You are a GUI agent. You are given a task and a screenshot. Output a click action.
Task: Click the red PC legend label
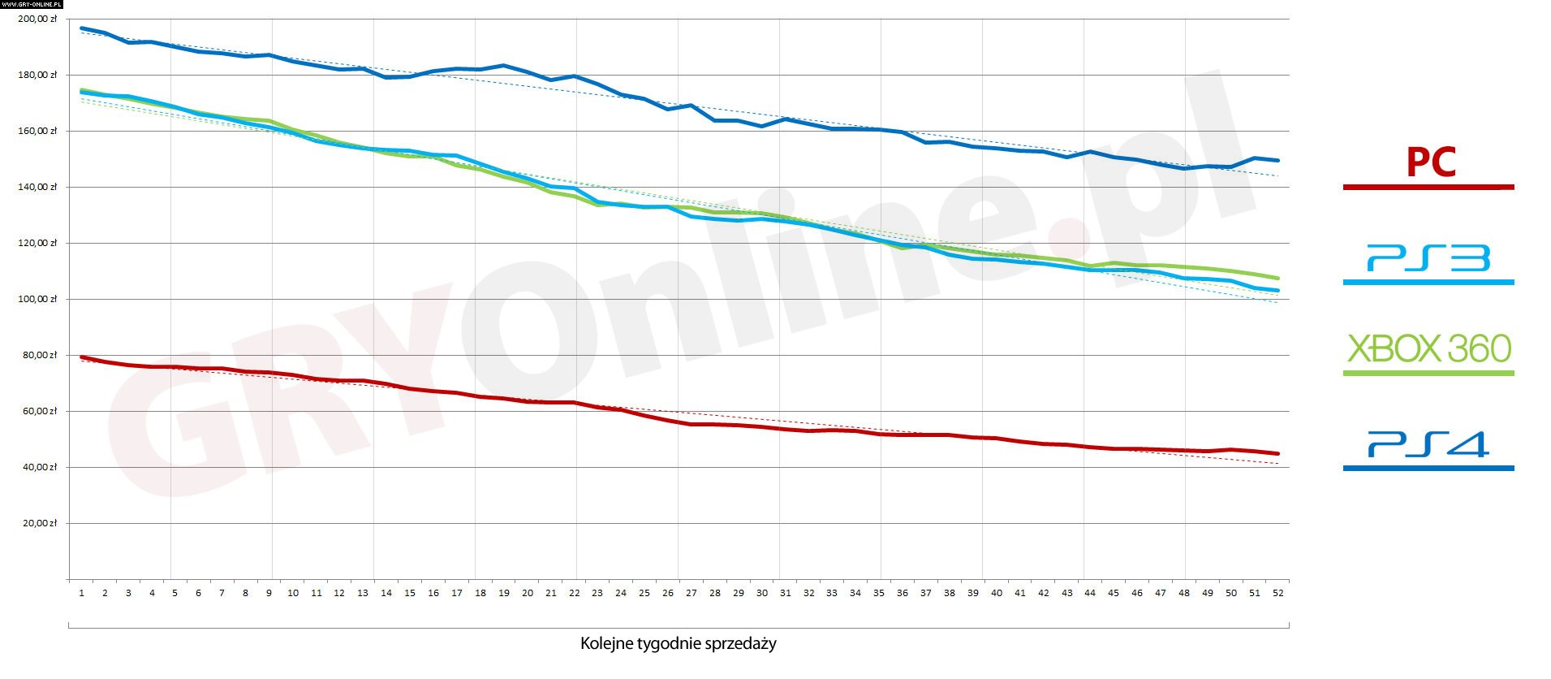(x=1430, y=162)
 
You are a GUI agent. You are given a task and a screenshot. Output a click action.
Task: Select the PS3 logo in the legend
(x=1428, y=258)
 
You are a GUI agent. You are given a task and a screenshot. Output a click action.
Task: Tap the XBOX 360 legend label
(x=1428, y=349)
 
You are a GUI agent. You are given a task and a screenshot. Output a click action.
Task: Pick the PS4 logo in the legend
(x=1428, y=444)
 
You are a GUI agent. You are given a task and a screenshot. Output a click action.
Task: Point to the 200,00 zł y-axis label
(x=37, y=19)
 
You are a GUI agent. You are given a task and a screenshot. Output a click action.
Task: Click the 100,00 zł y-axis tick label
(x=37, y=299)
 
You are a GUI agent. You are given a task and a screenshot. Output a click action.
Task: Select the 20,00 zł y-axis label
(x=40, y=523)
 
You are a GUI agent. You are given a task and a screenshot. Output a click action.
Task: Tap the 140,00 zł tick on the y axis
(x=37, y=187)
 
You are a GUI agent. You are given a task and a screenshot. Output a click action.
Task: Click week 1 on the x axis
(x=81, y=593)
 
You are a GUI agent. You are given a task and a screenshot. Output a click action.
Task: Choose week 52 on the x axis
(x=1277, y=593)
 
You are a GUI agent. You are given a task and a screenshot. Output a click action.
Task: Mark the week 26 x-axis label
(x=667, y=593)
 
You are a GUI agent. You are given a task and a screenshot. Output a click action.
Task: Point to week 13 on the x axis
(x=363, y=593)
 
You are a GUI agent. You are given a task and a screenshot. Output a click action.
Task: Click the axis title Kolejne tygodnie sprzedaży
(x=678, y=644)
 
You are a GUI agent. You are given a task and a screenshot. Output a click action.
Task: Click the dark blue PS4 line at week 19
(x=503, y=66)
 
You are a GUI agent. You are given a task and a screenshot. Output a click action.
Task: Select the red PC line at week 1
(x=82, y=357)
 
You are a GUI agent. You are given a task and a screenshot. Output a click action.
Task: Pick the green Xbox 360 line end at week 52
(x=1277, y=278)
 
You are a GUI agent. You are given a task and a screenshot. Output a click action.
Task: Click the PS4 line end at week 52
(x=1277, y=160)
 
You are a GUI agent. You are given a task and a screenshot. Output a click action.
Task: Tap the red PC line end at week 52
(x=1277, y=453)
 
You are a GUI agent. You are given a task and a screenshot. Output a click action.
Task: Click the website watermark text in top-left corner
(x=32, y=4)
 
